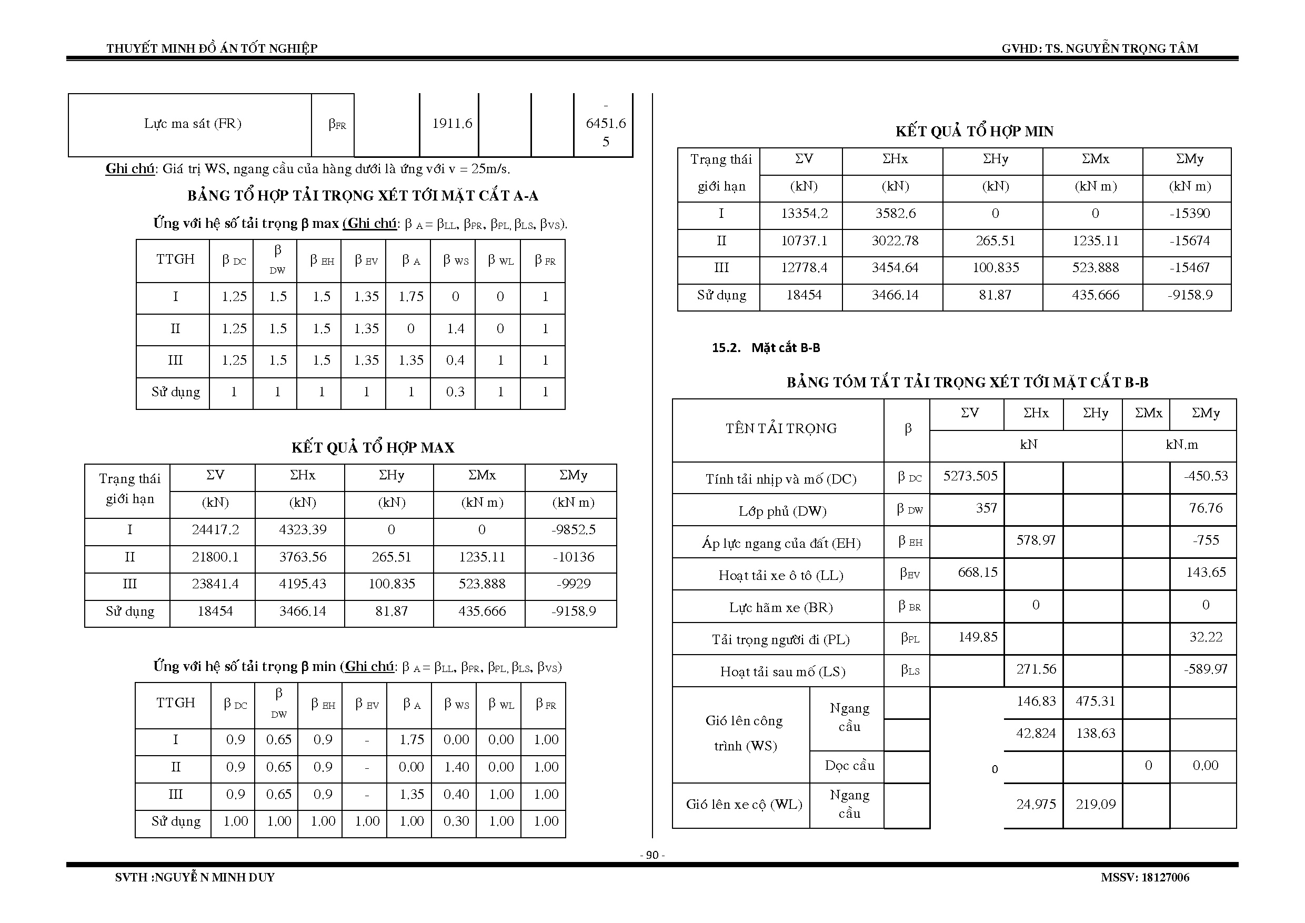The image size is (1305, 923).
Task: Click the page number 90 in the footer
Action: click(x=652, y=855)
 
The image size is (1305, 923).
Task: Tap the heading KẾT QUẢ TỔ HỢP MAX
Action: click(x=373, y=448)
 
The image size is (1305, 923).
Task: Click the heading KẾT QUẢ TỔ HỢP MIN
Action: click(x=974, y=132)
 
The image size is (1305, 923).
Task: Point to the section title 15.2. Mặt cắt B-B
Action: click(x=766, y=348)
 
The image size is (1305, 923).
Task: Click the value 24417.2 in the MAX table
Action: click(x=215, y=530)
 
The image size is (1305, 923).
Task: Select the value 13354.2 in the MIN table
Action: click(x=804, y=214)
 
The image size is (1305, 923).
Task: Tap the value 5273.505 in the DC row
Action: click(x=970, y=476)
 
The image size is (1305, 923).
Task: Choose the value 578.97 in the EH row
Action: click(x=1036, y=540)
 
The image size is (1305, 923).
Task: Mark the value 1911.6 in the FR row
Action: click(x=452, y=123)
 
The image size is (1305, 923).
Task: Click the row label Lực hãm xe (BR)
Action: click(x=781, y=608)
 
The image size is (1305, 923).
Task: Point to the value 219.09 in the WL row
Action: click(x=1095, y=804)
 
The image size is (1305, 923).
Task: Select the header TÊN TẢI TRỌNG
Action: click(x=781, y=428)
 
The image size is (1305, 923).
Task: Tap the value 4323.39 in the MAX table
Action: click(x=303, y=530)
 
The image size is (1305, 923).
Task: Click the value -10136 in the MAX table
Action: click(x=574, y=557)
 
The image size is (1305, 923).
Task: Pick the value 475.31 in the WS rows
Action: click(x=1095, y=701)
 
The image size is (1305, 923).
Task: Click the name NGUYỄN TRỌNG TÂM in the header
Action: click(x=1132, y=49)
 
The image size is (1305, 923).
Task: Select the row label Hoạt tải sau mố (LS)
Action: click(x=782, y=672)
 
